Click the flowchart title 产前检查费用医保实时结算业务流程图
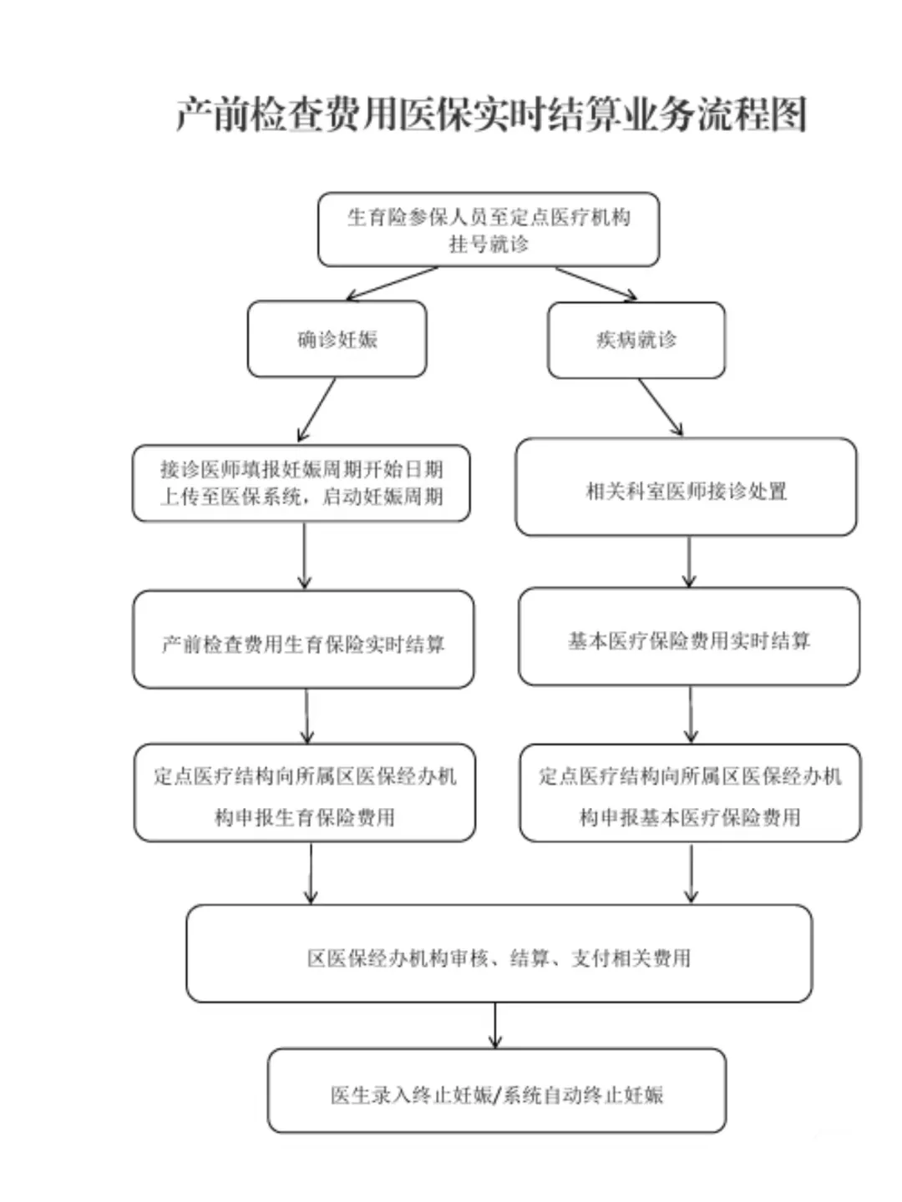491,114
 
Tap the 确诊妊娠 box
337,340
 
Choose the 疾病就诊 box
636,340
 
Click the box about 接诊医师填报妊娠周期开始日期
302,483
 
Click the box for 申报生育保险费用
305,794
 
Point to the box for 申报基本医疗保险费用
690,794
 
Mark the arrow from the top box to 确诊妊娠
391,284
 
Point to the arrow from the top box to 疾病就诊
596,284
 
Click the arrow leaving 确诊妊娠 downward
317,409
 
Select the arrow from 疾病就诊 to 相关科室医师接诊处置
661,407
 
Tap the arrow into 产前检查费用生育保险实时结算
304,556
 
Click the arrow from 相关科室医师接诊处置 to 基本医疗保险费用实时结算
689,562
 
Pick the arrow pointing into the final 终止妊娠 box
495,1025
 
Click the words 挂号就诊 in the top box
489,245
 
